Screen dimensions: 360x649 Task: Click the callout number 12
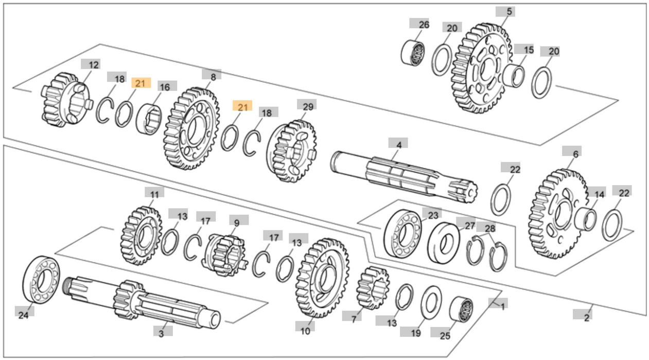point(93,65)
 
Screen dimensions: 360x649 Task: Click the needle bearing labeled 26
point(413,52)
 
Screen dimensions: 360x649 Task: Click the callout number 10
point(305,331)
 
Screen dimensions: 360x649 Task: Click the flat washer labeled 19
point(431,303)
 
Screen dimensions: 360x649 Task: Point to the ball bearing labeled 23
point(402,234)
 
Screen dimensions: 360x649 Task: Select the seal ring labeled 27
point(444,241)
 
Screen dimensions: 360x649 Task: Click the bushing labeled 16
point(149,118)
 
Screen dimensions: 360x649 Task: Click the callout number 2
point(586,318)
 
